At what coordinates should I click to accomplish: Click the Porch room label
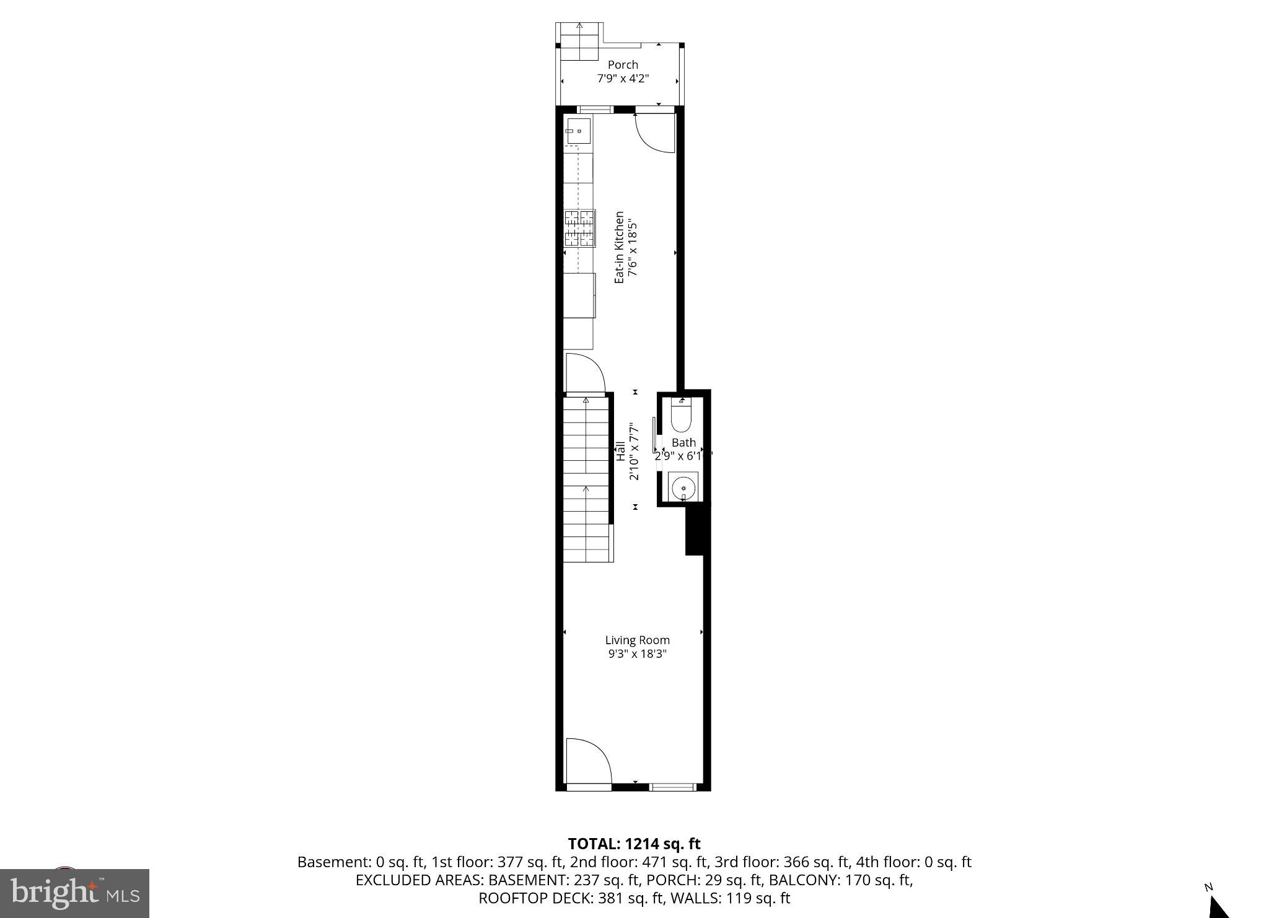[623, 64]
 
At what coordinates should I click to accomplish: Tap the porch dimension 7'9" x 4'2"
[623, 79]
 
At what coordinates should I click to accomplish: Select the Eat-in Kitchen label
[619, 248]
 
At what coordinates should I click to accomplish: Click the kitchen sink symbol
[577, 131]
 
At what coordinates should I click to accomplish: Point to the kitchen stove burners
[579, 229]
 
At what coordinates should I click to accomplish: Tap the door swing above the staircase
[584, 374]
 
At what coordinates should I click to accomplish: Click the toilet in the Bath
[682, 416]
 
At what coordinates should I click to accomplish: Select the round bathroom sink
[683, 487]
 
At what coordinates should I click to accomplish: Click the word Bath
[683, 442]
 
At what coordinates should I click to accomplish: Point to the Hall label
[620, 450]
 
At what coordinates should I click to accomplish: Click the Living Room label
[637, 640]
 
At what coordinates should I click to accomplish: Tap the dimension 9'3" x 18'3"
[637, 654]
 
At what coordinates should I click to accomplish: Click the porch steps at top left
[579, 41]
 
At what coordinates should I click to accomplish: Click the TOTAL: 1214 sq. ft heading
[634, 844]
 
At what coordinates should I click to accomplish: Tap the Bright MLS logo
[74, 893]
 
